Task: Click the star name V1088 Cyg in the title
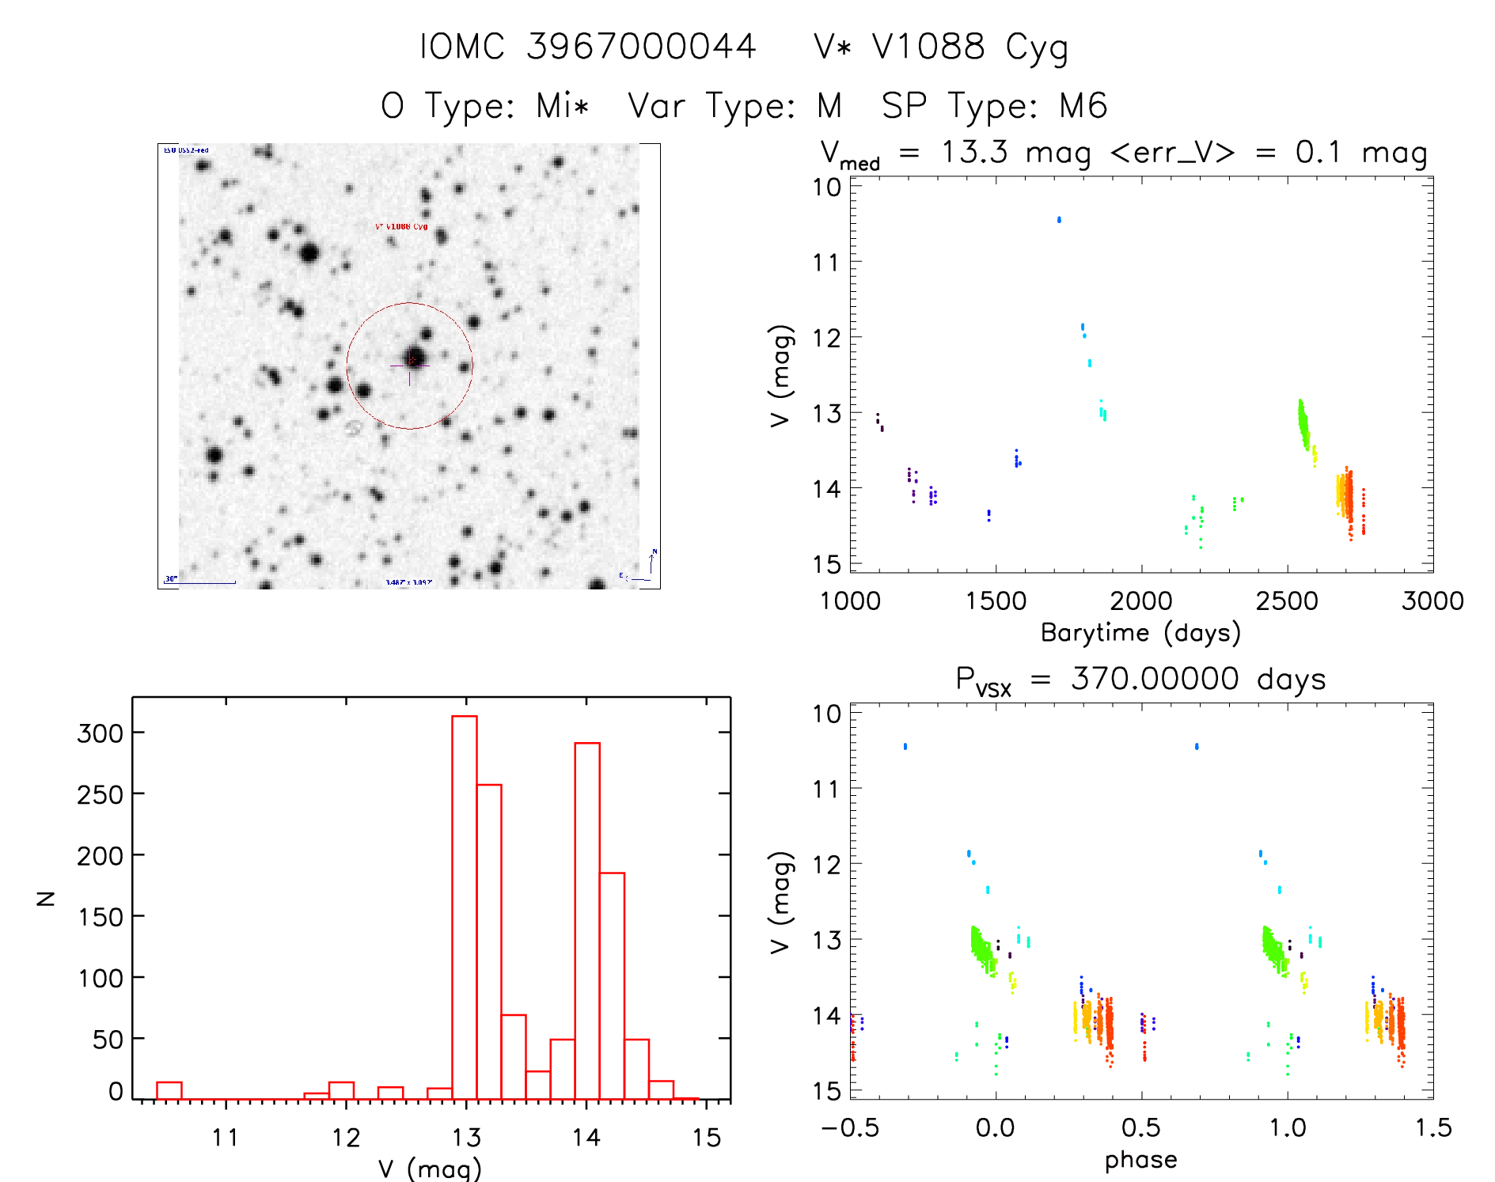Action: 941,47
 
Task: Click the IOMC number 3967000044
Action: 641,47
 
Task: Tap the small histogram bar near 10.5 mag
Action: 169,1090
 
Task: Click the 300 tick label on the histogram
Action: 100,733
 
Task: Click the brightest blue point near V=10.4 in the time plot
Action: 1059,220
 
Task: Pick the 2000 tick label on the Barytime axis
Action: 1141,601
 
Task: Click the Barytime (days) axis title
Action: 1140,633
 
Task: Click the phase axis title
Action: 1140,1160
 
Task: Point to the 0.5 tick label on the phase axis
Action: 1141,1128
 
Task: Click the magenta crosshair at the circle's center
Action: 410,366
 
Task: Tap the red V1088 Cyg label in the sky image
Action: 401,227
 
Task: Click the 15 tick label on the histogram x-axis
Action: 707,1138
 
